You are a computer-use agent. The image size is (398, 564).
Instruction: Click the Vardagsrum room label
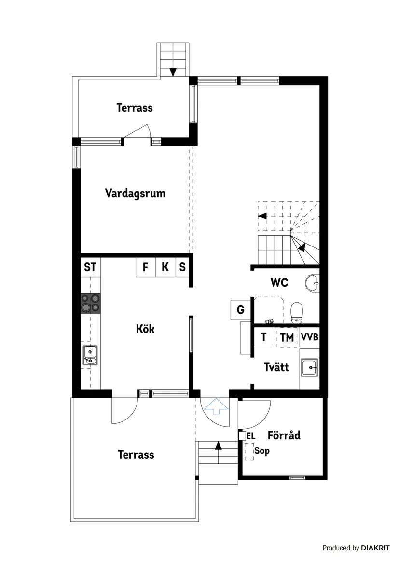point(135,193)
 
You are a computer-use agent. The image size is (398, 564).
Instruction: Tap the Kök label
point(145,329)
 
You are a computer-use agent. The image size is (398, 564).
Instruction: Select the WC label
point(279,282)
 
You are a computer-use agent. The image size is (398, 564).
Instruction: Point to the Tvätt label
point(276,367)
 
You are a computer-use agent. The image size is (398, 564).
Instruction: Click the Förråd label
point(284,435)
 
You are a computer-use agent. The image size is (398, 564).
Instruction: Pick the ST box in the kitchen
point(90,267)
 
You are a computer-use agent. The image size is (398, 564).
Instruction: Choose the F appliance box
point(145,267)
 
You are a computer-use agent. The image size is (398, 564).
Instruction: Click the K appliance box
point(165,267)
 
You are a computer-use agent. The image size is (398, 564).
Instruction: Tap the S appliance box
point(182,267)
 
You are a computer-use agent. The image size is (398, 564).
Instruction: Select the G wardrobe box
point(240,310)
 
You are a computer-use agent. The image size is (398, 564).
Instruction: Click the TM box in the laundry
point(287,337)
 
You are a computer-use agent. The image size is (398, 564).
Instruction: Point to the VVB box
point(310,337)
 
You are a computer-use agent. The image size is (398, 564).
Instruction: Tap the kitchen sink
point(90,355)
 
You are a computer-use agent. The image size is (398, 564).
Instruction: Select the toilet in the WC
point(296,312)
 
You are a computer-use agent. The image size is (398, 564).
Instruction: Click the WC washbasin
point(313,283)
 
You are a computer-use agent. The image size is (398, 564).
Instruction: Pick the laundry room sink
point(309,368)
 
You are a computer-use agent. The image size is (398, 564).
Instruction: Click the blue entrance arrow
point(216,406)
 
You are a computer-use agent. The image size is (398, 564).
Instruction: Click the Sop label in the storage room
point(262,451)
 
